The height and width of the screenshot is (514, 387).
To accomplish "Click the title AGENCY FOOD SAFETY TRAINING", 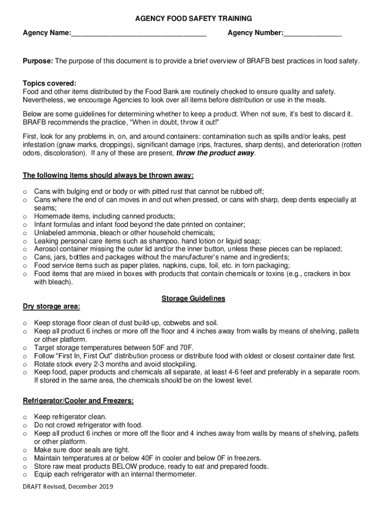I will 193,19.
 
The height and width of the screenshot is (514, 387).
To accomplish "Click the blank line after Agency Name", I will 139,34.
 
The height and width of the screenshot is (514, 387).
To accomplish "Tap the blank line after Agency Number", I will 312,34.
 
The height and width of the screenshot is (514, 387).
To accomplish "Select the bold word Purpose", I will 38,61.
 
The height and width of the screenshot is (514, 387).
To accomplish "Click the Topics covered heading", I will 49,83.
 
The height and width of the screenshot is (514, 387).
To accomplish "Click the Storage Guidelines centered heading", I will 193,299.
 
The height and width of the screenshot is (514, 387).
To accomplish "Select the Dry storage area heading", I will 51,306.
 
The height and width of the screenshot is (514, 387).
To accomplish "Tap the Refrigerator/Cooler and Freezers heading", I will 78,401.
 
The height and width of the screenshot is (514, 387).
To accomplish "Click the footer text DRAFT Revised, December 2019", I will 68,486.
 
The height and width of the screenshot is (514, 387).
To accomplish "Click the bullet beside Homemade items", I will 25,216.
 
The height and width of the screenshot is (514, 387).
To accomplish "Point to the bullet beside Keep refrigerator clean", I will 25,417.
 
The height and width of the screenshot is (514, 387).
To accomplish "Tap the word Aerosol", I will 46,249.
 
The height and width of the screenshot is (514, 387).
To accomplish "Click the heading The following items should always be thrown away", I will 108,175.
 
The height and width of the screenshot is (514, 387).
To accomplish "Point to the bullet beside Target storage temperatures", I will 25,347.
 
